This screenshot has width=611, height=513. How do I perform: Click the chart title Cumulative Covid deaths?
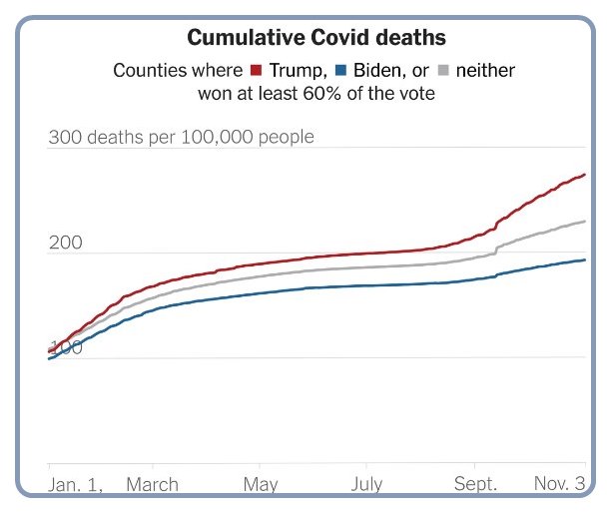pyautogui.click(x=316, y=38)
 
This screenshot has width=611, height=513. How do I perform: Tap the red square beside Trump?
pyautogui.click(x=256, y=71)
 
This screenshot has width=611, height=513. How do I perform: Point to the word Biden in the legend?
pyautogui.click(x=371, y=71)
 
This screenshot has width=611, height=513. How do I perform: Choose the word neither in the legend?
pyautogui.click(x=485, y=71)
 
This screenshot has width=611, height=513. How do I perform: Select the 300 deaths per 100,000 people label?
pyautogui.click(x=181, y=137)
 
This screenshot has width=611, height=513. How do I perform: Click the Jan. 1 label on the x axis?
pyautogui.click(x=76, y=485)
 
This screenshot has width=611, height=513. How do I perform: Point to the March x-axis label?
pyautogui.click(x=152, y=485)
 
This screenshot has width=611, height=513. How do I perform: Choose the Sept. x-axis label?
pyautogui.click(x=475, y=485)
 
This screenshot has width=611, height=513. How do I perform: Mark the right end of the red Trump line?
pyautogui.click(x=585, y=175)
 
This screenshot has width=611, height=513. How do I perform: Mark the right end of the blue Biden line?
pyautogui.click(x=585, y=259)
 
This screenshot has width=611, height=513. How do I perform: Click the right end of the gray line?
pyautogui.click(x=585, y=221)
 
